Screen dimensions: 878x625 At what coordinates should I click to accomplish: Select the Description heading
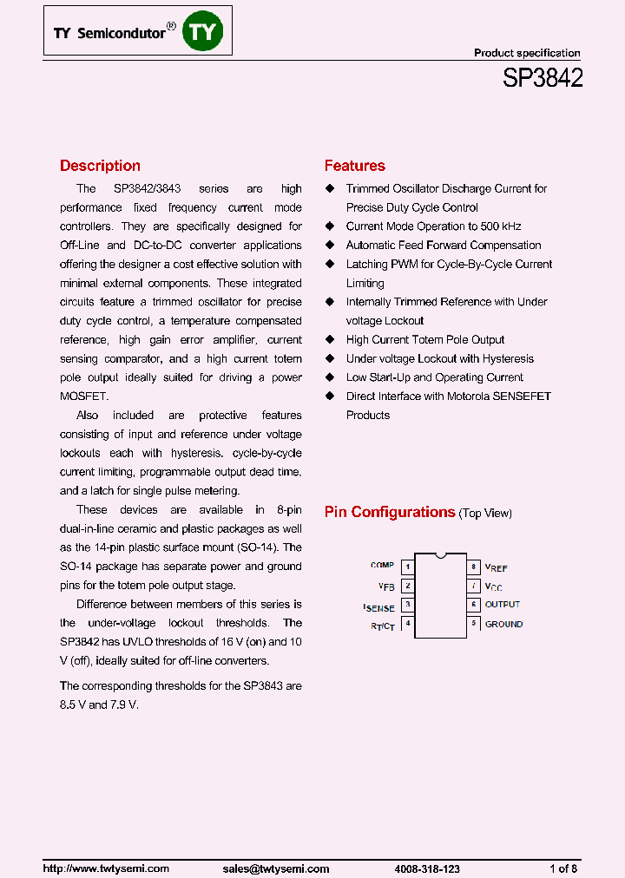click(x=100, y=166)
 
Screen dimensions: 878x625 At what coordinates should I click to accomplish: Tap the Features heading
click(x=354, y=166)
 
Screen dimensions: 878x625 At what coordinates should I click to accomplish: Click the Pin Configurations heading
click(x=390, y=512)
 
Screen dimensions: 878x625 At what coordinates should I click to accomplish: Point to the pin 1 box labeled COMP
click(x=408, y=567)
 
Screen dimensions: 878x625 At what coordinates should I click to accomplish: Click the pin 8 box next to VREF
click(x=474, y=567)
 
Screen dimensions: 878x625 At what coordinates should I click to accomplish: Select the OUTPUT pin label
click(x=503, y=605)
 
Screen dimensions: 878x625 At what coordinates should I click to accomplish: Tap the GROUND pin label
click(x=503, y=624)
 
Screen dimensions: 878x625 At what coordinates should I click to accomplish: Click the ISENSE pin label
click(x=379, y=607)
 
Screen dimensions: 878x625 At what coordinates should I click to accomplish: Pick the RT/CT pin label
click(x=382, y=626)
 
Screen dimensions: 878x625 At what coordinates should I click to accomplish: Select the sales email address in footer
click(x=276, y=868)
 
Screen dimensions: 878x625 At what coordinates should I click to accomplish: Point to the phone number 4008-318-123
click(x=427, y=868)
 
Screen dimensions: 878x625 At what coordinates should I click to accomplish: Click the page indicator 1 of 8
click(x=563, y=868)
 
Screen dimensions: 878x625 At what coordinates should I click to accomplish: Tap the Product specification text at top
click(x=527, y=53)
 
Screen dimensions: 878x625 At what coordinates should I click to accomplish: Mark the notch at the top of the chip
click(x=441, y=554)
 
